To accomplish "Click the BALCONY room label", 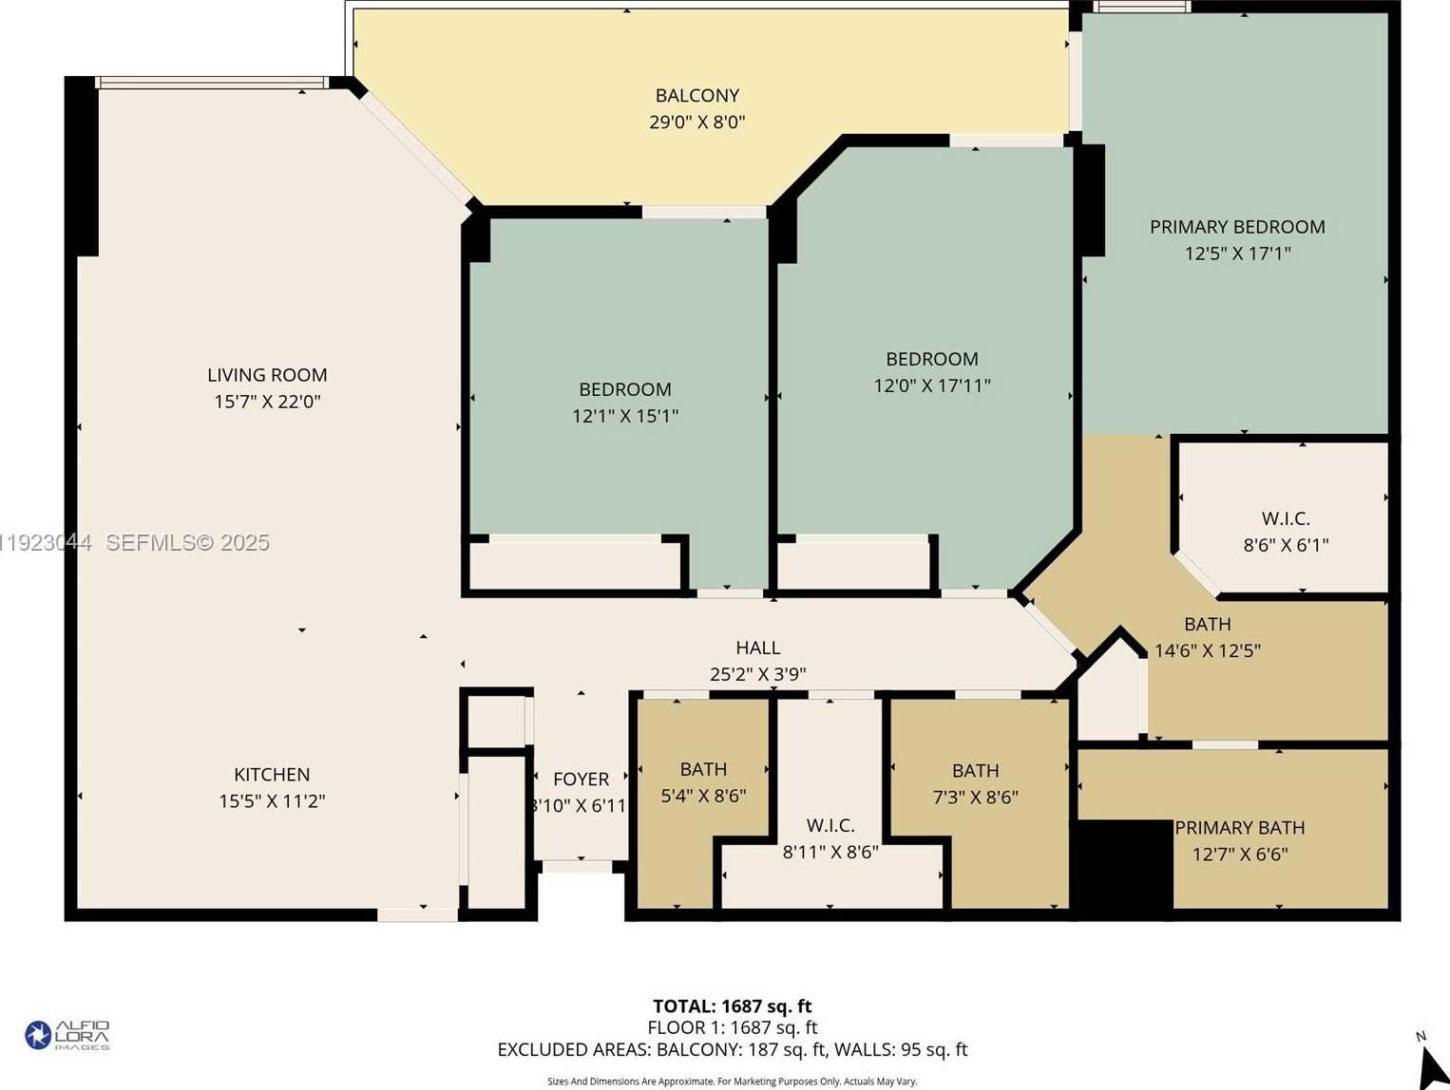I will click(x=696, y=96).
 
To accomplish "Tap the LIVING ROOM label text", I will click(x=267, y=375).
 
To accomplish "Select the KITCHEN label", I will click(x=272, y=775).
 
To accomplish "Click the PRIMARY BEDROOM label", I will click(x=1237, y=227).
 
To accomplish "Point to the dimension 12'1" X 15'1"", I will click(x=625, y=416).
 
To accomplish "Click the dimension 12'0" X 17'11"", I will click(x=931, y=385).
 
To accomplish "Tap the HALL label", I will click(x=757, y=648).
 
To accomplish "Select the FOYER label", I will click(x=581, y=780).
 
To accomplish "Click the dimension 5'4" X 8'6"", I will click(x=703, y=796).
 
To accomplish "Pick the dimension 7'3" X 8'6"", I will click(x=975, y=797).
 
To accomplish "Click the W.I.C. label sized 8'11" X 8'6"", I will click(x=830, y=826).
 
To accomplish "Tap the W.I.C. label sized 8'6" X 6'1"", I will click(x=1286, y=518).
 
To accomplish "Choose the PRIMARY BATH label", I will click(x=1239, y=828).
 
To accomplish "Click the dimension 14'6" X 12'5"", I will click(x=1207, y=650).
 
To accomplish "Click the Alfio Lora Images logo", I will click(x=67, y=1035).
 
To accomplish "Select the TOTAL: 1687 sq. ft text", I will click(x=732, y=1006).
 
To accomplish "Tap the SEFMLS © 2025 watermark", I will click(x=187, y=543).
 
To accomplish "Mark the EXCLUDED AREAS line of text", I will click(x=732, y=1050).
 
